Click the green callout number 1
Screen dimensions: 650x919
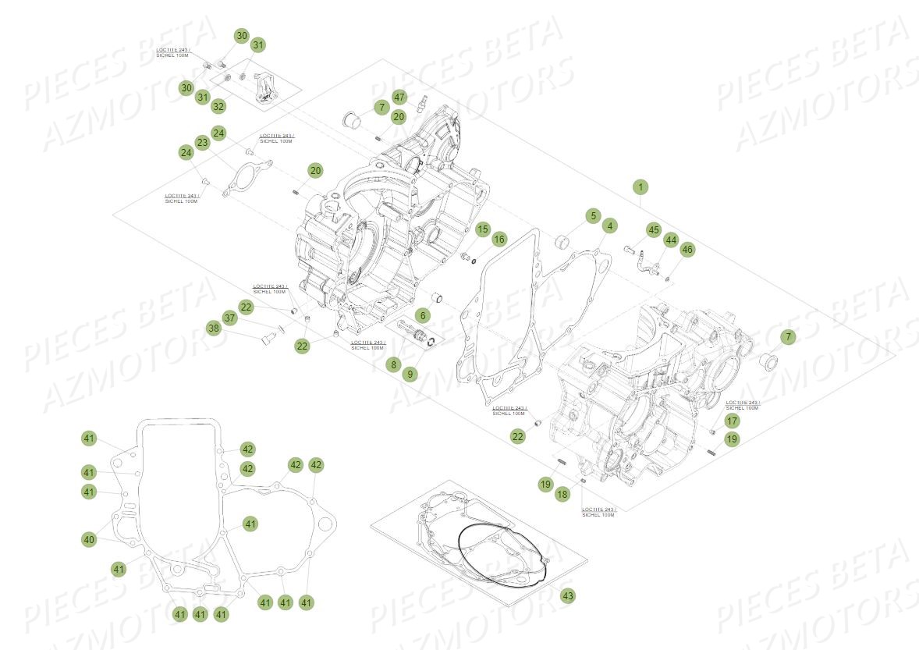(x=640, y=187)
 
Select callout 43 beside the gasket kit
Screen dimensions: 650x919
(x=568, y=596)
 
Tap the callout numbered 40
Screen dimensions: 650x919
(x=89, y=539)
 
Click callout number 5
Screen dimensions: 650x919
(x=592, y=215)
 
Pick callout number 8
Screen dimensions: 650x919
(x=393, y=364)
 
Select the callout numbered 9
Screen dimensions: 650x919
(x=410, y=374)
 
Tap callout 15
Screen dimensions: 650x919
(x=483, y=229)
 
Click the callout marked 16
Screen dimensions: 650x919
(x=499, y=239)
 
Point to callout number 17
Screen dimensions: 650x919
(x=731, y=421)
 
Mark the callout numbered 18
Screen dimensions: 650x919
(x=562, y=494)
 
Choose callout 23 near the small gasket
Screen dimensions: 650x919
(x=203, y=143)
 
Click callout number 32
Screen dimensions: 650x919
(x=219, y=106)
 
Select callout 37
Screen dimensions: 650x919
(x=229, y=318)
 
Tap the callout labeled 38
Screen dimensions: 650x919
(x=213, y=329)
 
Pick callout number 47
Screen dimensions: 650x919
(x=399, y=98)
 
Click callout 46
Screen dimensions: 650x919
(x=687, y=250)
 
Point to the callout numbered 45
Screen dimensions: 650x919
(x=653, y=229)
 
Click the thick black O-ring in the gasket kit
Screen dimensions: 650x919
(x=502, y=555)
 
